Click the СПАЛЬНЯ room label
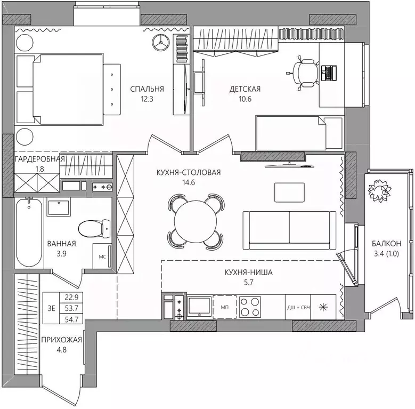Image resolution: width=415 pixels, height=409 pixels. click(147, 89)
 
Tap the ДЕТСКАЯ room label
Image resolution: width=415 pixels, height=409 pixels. click(245, 89)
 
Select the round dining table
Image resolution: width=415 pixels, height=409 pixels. click(196, 221)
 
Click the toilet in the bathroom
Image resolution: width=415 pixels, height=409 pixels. click(94, 228)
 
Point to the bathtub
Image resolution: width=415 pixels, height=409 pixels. click(29, 232)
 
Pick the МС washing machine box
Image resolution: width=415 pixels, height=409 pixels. click(102, 256)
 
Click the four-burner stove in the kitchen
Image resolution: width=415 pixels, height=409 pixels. click(250, 307)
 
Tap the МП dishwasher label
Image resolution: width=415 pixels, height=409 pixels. click(225, 307)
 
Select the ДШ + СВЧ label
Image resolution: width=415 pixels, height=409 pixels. click(298, 308)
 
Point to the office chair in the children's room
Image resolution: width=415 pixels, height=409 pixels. click(304, 73)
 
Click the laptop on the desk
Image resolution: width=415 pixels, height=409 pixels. click(329, 73)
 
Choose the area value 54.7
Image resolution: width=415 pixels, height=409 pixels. click(71, 319)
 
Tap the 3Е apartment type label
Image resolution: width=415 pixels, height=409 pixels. click(51, 308)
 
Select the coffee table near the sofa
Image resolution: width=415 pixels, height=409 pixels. click(289, 193)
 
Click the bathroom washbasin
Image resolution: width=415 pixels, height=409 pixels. click(59, 207)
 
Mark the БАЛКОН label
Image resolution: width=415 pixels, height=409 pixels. click(386, 244)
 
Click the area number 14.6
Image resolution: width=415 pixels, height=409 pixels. click(189, 182)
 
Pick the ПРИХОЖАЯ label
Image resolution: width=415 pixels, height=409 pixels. click(61, 340)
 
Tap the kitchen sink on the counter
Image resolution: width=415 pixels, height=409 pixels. click(199, 307)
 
